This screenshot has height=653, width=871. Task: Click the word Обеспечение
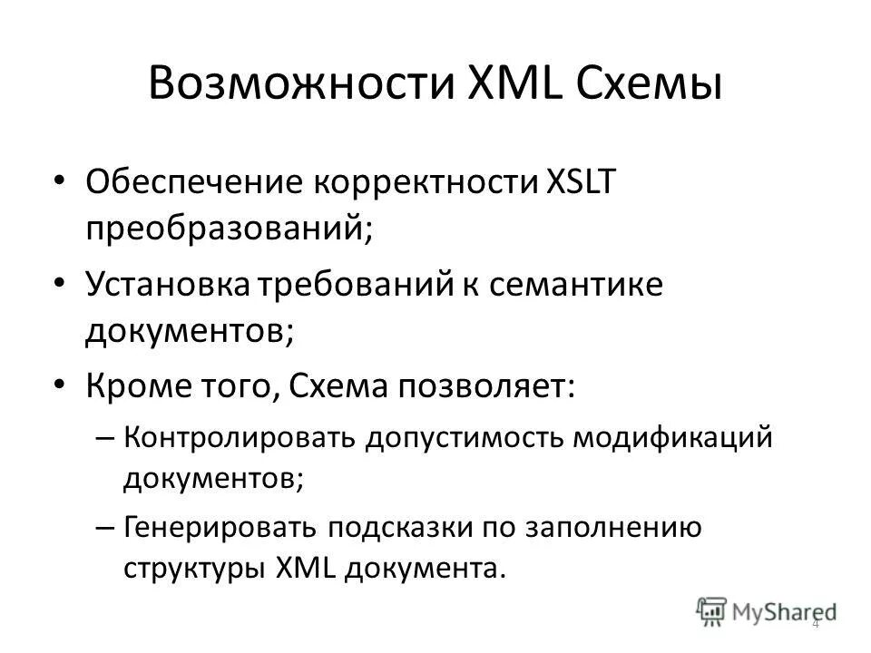click(192, 181)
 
